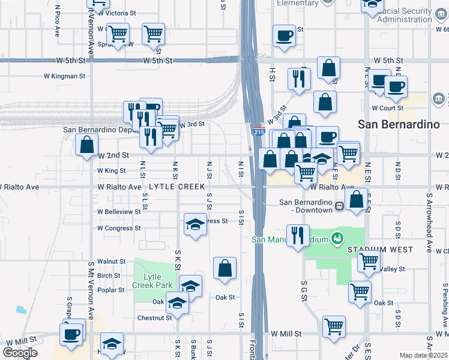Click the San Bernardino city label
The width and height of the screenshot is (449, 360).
click(x=396, y=124)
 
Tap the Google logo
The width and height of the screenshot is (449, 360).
click(x=20, y=353)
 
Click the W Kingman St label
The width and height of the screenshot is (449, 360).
click(x=65, y=76)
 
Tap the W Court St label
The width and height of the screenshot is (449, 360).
click(x=390, y=108)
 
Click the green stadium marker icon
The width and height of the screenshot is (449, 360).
click(x=337, y=239)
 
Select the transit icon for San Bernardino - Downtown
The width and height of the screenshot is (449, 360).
click(x=339, y=206)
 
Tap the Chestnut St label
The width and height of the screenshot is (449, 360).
click(x=155, y=318)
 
